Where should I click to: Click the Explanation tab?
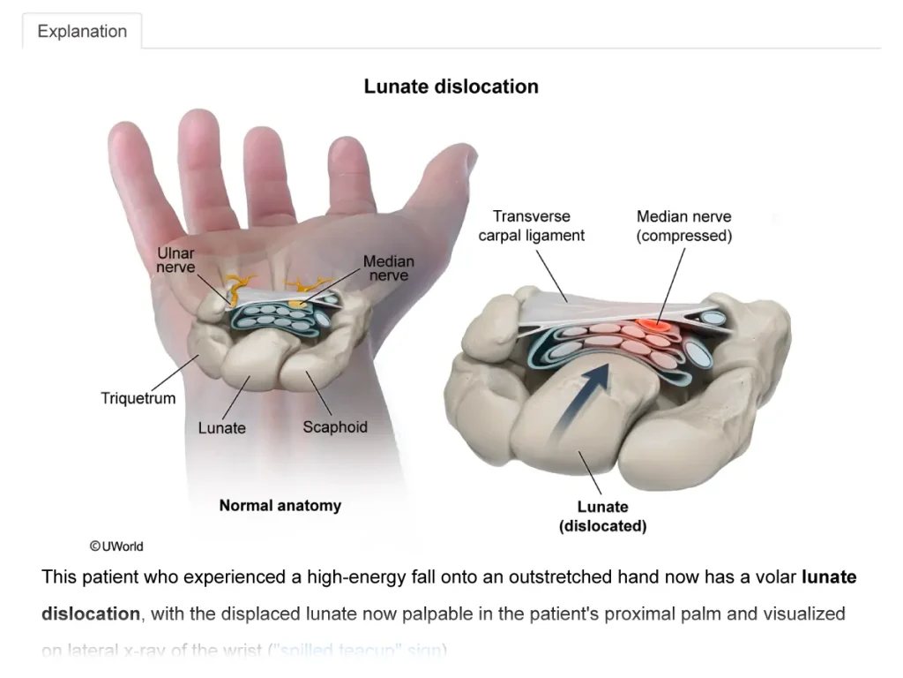[82, 32]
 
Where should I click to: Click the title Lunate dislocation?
[451, 87]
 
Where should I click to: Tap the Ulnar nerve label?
[176, 260]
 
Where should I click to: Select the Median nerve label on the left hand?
[388, 268]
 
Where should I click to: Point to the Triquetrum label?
[138, 398]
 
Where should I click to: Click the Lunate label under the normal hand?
[221, 428]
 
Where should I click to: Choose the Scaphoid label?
[335, 427]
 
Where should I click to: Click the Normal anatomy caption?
[280, 506]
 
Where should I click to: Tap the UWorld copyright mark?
[116, 546]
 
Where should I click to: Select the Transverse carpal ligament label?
[531, 226]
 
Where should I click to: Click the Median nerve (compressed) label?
[683, 226]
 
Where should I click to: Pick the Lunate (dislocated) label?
[603, 516]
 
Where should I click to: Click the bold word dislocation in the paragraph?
[91, 614]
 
